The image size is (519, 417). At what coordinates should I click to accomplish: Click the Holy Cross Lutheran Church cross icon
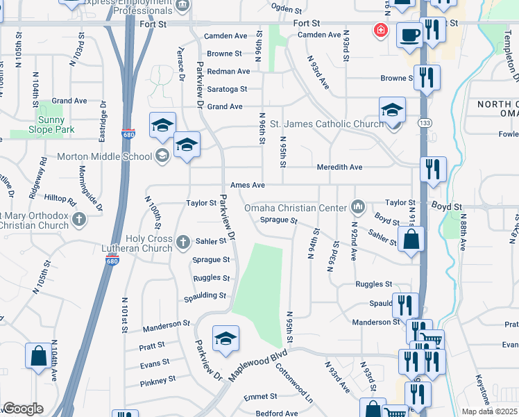point(182,243)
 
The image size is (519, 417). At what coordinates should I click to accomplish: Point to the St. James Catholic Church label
point(326,124)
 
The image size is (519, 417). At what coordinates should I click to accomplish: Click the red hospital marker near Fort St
point(380,30)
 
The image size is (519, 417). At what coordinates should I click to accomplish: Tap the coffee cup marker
point(409,34)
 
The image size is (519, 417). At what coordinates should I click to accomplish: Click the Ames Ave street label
point(248,186)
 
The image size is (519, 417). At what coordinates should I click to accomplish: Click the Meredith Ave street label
point(340,167)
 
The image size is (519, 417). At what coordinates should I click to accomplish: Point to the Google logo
point(23,409)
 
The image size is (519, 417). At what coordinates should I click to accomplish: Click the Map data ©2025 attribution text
point(490,411)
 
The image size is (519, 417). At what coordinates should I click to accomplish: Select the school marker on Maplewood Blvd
point(226,339)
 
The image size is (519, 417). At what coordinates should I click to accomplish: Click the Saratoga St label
point(228,89)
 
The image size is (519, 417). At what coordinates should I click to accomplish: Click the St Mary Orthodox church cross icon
point(79,220)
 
